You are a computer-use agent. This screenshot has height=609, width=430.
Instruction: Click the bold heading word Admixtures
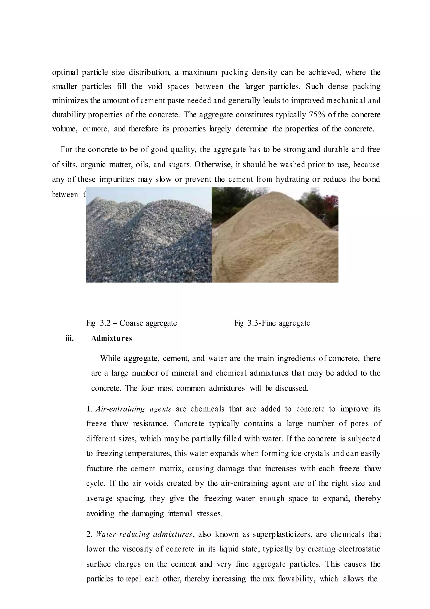tap(111, 339)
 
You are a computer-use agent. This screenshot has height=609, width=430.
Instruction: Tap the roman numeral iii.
tap(69, 339)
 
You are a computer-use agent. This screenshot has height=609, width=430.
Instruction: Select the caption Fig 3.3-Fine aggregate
tap(272, 323)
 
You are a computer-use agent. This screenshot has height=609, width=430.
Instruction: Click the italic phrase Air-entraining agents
tap(133, 409)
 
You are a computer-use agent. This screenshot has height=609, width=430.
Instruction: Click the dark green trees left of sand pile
tap(225, 202)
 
